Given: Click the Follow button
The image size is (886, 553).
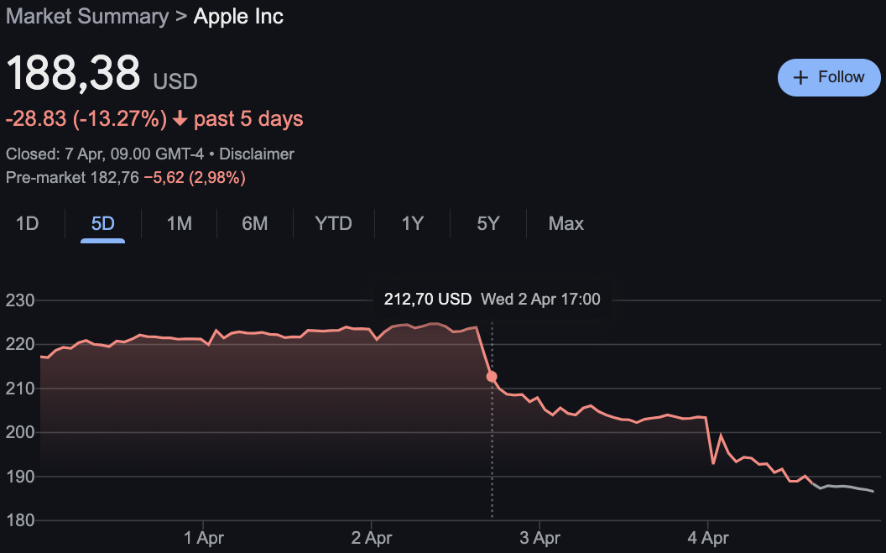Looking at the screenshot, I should click(829, 77).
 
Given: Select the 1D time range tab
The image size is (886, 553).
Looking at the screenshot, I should click(28, 224).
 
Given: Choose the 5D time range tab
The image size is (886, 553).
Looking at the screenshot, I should click(102, 224).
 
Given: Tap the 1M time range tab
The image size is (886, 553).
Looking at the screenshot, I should click(179, 224).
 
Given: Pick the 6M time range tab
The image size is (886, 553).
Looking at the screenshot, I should click(254, 224).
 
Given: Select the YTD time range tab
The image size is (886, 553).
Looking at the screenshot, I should click(333, 224).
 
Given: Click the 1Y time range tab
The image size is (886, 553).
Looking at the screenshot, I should click(412, 224).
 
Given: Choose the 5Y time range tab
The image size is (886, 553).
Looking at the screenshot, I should click(487, 224).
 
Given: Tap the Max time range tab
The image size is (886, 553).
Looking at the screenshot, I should click(565, 224).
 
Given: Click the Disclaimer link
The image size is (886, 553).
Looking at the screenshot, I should click(257, 154).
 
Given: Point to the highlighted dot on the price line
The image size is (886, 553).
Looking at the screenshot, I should click(492, 377).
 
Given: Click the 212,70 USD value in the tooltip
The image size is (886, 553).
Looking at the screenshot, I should click(428, 299).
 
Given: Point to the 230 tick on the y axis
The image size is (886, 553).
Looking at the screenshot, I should click(19, 300).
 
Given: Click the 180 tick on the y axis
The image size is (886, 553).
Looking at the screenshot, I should click(19, 520).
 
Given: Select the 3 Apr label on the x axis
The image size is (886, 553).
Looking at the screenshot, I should click(539, 537).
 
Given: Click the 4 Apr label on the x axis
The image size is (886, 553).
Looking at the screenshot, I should click(708, 537).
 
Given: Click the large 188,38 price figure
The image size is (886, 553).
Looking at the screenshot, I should click(74, 74).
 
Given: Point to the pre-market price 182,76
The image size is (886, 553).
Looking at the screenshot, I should click(116, 178).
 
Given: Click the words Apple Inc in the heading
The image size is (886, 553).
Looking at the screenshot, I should click(238, 16).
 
